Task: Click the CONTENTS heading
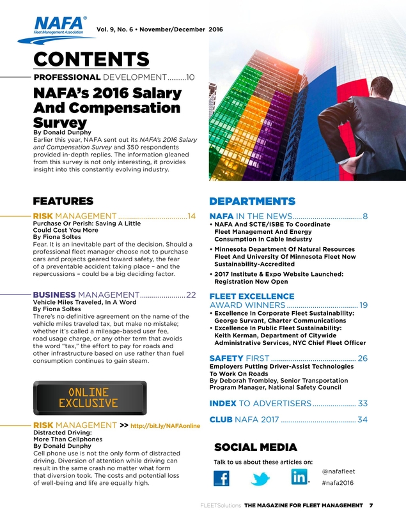91,58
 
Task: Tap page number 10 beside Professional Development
190,77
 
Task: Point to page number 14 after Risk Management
191,216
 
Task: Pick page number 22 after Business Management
191,294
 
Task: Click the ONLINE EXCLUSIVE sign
88,397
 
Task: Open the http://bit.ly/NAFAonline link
170,425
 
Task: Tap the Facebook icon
221,477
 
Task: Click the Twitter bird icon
260,478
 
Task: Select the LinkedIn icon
299,477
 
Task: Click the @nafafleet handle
339,471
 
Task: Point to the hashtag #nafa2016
338,483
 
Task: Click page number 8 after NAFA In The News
365,216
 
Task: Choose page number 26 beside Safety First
363,358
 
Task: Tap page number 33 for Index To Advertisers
363,403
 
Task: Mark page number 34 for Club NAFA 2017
363,420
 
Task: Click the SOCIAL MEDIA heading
256,447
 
